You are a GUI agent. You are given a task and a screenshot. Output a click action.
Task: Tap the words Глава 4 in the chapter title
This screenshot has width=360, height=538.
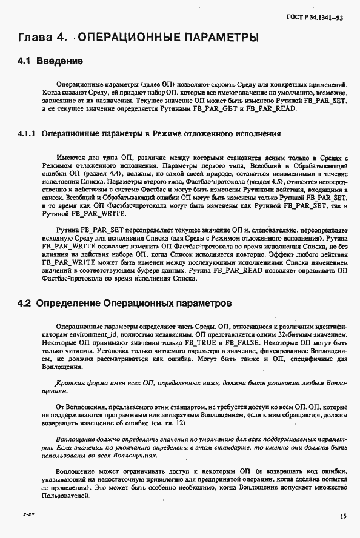point(41,38)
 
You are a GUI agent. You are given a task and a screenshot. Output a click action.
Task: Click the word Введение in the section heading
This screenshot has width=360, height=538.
point(59,61)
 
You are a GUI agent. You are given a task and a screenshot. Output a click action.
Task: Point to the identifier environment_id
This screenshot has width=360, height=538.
point(96,334)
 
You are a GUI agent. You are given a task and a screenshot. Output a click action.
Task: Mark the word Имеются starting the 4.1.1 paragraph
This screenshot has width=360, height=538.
point(68,157)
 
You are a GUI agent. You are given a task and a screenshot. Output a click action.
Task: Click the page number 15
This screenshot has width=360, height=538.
point(343,516)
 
